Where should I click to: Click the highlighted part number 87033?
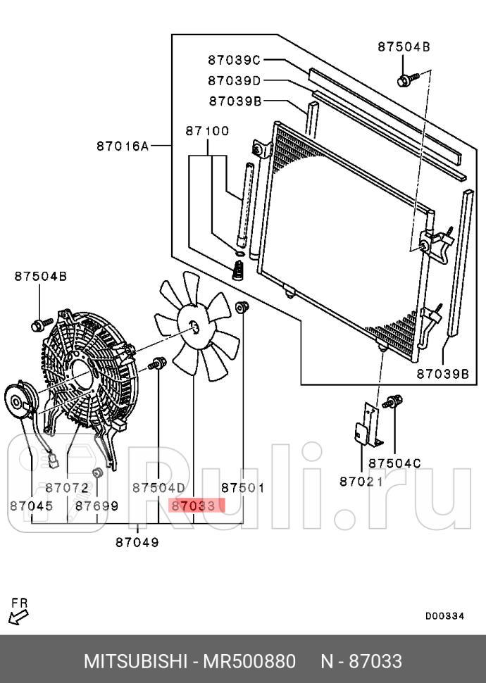tap(194, 506)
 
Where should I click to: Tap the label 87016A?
tap(123, 146)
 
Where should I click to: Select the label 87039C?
tap(234, 60)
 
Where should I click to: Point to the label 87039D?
tap(234, 80)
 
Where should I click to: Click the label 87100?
tap(207, 131)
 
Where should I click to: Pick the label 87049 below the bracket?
tap(137, 542)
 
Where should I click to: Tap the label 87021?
tap(361, 482)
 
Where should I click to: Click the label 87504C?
tap(395, 463)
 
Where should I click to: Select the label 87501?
tap(243, 487)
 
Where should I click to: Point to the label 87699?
tap(96, 506)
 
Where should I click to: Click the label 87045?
tap(32, 506)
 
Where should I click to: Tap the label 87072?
tap(67, 487)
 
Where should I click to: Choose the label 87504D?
tap(158, 487)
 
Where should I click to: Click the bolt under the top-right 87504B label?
tap(407, 80)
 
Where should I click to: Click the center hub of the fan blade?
tap(194, 326)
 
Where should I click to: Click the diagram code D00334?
tap(444, 616)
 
